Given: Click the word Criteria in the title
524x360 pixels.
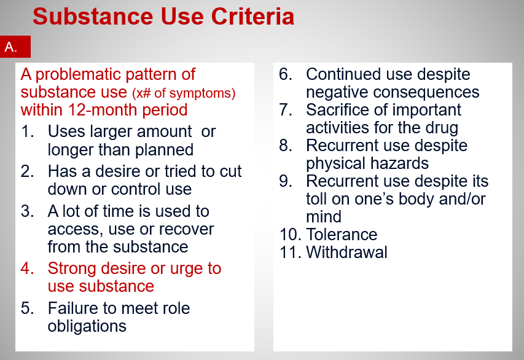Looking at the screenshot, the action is click(x=252, y=17).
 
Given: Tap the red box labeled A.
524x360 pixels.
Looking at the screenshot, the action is click(x=15, y=47).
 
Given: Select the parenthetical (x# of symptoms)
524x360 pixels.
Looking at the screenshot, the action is click(x=184, y=93).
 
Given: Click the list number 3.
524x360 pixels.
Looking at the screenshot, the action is click(x=28, y=211).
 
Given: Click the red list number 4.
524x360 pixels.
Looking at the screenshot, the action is click(x=28, y=268).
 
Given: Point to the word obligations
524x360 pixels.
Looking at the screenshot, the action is click(x=87, y=326).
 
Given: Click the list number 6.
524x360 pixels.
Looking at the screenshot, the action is click(x=286, y=74).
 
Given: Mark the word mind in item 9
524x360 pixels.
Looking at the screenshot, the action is click(x=324, y=217).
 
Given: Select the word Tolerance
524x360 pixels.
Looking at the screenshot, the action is click(x=342, y=234).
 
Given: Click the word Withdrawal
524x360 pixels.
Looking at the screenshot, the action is click(x=346, y=252).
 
